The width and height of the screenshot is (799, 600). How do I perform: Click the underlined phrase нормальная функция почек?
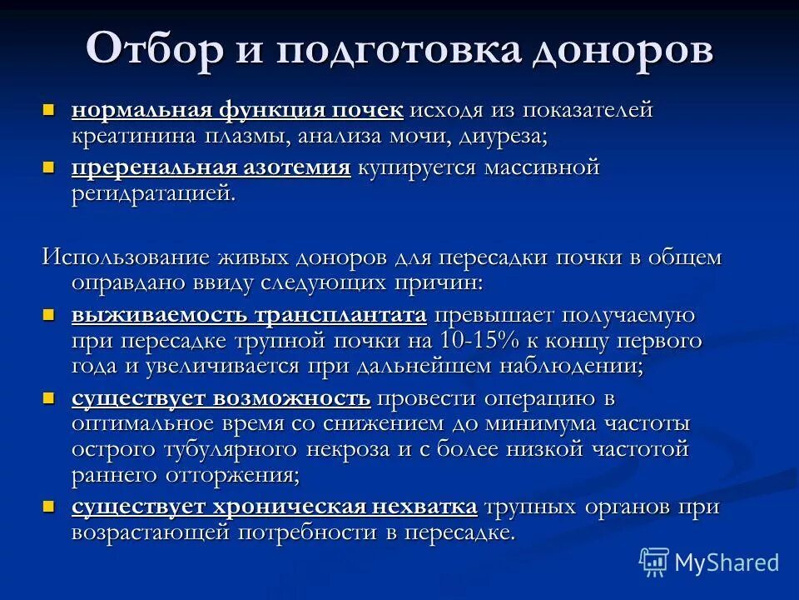point(237,111)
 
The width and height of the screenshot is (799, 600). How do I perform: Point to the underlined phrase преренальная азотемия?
point(211,168)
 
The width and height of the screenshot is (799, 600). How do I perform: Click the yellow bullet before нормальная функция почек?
point(48,110)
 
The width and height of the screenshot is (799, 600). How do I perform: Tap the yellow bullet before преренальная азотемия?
point(48,167)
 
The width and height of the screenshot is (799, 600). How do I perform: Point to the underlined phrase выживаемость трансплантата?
point(249,316)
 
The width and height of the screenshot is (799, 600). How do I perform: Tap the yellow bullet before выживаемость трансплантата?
point(48,315)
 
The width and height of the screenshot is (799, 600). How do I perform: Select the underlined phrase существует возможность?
point(221,399)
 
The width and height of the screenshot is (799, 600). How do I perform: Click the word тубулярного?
point(224,450)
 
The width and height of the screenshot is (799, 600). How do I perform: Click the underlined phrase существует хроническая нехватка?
point(274,507)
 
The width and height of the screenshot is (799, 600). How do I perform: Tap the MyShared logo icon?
point(654,562)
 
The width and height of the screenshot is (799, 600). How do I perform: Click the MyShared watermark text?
point(727,562)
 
